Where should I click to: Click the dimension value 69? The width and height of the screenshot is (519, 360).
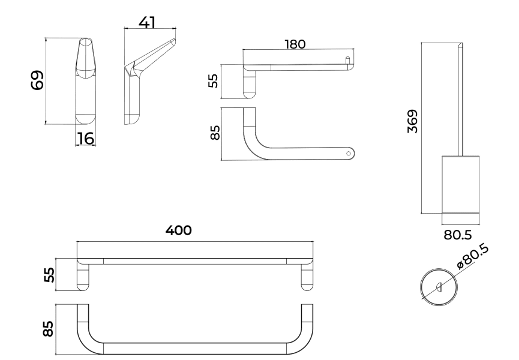point(38,80)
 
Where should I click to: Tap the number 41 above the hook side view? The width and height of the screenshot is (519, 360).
point(147,22)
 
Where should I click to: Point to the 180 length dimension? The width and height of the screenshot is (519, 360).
point(296,44)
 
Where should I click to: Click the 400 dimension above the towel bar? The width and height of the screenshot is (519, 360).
point(179,230)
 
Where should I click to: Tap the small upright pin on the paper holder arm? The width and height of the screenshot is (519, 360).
point(347,59)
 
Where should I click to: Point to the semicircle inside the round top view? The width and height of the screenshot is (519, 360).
point(440,287)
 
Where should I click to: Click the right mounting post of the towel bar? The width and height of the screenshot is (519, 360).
point(307,277)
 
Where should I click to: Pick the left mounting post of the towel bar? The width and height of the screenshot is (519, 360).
point(83,277)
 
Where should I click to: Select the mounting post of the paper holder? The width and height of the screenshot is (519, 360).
point(249,84)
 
